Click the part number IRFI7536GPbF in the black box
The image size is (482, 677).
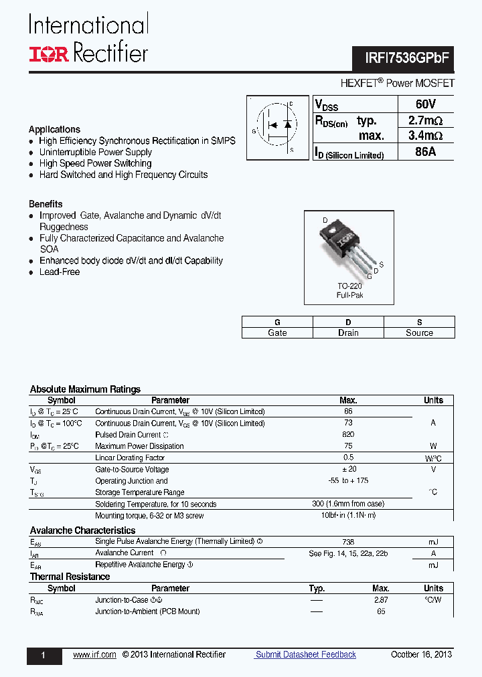point(404,58)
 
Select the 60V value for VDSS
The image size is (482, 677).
point(425,104)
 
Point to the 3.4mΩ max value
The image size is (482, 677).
point(425,136)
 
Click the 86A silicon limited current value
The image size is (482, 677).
point(425,152)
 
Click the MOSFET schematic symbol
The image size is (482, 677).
point(278,128)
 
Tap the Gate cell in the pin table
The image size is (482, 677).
point(277,332)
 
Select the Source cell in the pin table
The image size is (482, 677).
point(419,332)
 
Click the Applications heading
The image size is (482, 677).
point(54,129)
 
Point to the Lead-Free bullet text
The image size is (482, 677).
point(60,272)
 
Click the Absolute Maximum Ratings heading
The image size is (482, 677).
point(85,389)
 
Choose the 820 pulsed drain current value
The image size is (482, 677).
point(348,435)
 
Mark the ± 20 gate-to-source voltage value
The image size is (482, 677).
point(348,470)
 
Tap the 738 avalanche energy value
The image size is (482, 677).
point(348,542)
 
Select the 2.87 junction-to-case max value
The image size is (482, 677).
point(381,600)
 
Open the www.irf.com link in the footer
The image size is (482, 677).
point(94,654)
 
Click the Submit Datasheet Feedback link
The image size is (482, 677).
point(306,654)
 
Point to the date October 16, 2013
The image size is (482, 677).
point(422,654)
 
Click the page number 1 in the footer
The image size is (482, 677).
point(44,656)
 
